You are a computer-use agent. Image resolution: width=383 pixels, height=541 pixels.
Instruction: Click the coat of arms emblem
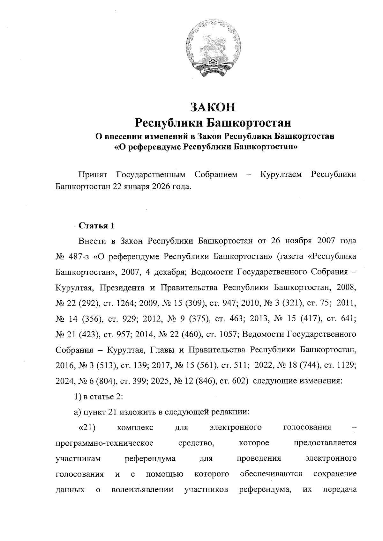point(213,48)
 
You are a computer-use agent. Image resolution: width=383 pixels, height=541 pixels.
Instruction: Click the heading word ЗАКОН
point(213,107)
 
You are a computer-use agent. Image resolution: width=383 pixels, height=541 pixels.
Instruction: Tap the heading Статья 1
point(96,226)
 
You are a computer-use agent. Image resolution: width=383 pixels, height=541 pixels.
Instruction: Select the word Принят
point(93,175)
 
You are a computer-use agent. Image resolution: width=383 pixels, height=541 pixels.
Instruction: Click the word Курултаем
point(281,175)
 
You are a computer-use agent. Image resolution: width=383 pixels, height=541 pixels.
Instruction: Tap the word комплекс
point(135,428)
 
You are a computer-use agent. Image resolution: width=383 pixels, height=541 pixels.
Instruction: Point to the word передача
point(339,490)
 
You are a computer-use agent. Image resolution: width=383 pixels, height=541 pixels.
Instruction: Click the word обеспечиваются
point(271,474)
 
